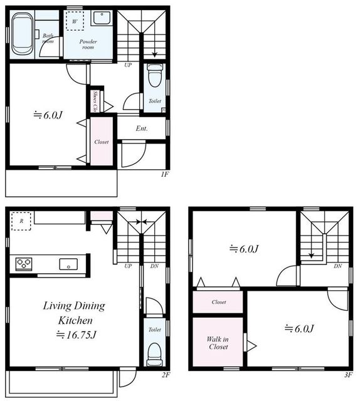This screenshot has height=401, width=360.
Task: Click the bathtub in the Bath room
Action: point(23,34)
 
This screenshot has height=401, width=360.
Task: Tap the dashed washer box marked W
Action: point(75,21)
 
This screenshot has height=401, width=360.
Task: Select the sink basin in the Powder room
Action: point(102,18)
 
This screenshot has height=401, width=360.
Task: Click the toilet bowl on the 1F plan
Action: point(155,75)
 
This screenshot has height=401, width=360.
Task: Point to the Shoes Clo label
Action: point(95,102)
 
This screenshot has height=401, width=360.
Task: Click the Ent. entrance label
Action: point(142,128)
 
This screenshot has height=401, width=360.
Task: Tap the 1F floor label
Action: point(165,174)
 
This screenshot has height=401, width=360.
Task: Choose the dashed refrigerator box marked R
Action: point(21,221)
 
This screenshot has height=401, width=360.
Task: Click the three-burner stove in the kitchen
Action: point(24,264)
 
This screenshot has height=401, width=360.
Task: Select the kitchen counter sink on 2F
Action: point(68,264)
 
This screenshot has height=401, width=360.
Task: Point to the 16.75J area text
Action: point(77,335)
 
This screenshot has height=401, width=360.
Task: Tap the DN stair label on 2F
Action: point(154,266)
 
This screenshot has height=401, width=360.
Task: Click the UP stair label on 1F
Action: point(128,65)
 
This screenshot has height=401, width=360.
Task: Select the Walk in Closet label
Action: point(218,343)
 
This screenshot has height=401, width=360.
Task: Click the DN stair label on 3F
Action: point(337,266)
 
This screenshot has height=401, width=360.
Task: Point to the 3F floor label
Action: point(348,375)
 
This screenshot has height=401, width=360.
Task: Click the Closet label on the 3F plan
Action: point(219,302)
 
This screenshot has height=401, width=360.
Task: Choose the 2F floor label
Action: point(166,375)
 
